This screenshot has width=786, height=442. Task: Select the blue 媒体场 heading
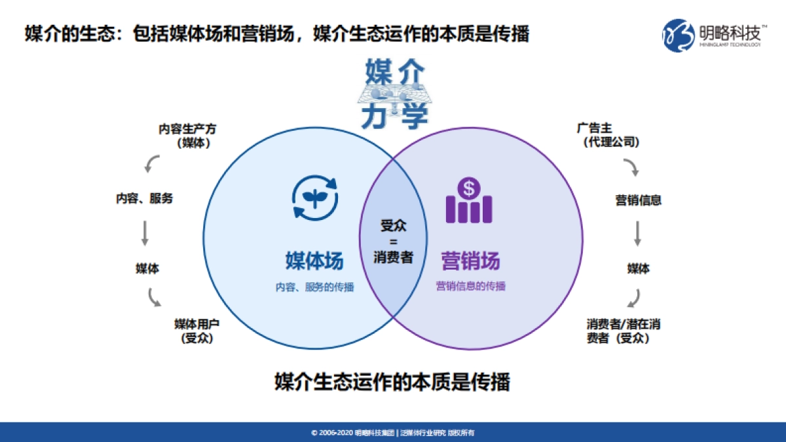[x=314, y=260]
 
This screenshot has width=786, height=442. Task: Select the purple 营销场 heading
[x=470, y=260]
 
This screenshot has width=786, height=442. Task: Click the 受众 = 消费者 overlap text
[x=394, y=241]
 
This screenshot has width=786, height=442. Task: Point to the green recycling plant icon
[x=314, y=194]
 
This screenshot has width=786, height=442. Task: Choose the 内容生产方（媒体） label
[x=187, y=136]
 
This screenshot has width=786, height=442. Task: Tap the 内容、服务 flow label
[x=145, y=198]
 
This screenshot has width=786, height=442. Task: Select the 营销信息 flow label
[x=638, y=200]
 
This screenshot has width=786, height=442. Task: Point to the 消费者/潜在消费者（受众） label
[x=618, y=331]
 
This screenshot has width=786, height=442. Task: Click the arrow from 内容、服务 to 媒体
[x=145, y=232]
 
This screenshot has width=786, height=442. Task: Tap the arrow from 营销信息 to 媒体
[x=637, y=234]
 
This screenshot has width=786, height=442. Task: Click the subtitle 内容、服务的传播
[x=314, y=287]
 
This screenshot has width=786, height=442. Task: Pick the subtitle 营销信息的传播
[x=470, y=287]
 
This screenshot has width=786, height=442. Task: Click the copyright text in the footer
[x=393, y=433]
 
